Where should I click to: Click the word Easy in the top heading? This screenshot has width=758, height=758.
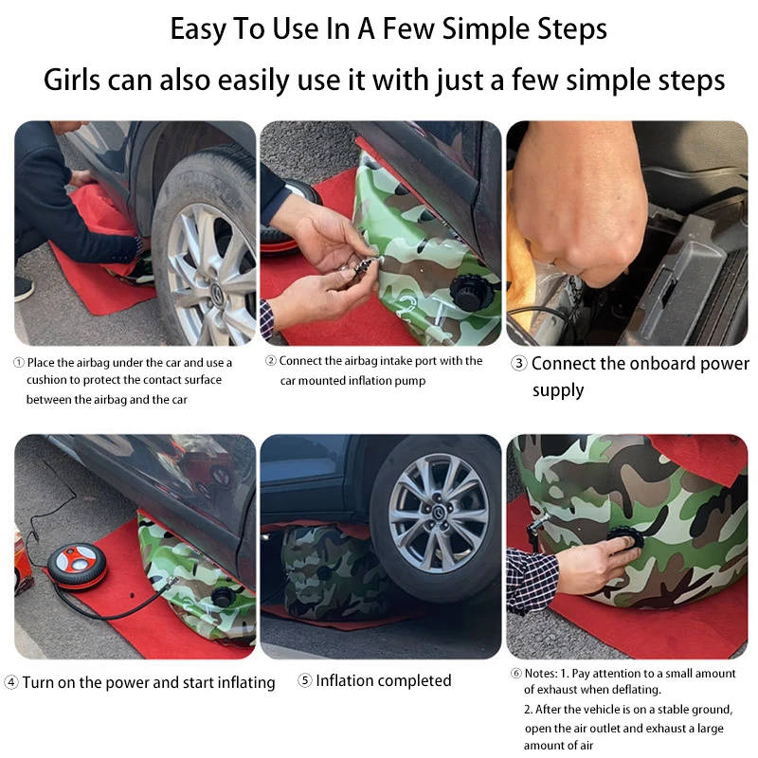198,29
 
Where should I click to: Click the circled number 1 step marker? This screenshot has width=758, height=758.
19,363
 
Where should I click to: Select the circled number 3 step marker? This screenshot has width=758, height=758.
518,363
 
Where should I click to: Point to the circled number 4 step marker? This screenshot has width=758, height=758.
11,682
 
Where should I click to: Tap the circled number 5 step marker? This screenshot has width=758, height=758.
304,680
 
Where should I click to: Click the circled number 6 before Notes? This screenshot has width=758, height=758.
516,674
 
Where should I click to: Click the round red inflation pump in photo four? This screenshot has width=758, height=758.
78,566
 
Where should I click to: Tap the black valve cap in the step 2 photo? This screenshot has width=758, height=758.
470,292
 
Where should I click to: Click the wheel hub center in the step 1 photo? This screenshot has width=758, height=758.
216,292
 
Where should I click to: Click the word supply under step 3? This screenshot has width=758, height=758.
558,390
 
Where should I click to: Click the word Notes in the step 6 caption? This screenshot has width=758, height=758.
541,674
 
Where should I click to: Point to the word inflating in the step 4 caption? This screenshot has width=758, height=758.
245,682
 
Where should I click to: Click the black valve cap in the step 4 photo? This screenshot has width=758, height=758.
224,597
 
